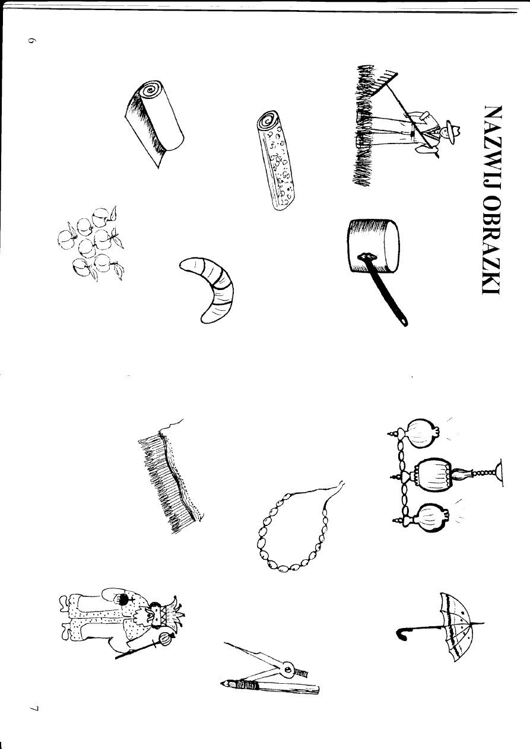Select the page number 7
coord(34,707)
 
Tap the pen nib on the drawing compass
coord(226,684)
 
